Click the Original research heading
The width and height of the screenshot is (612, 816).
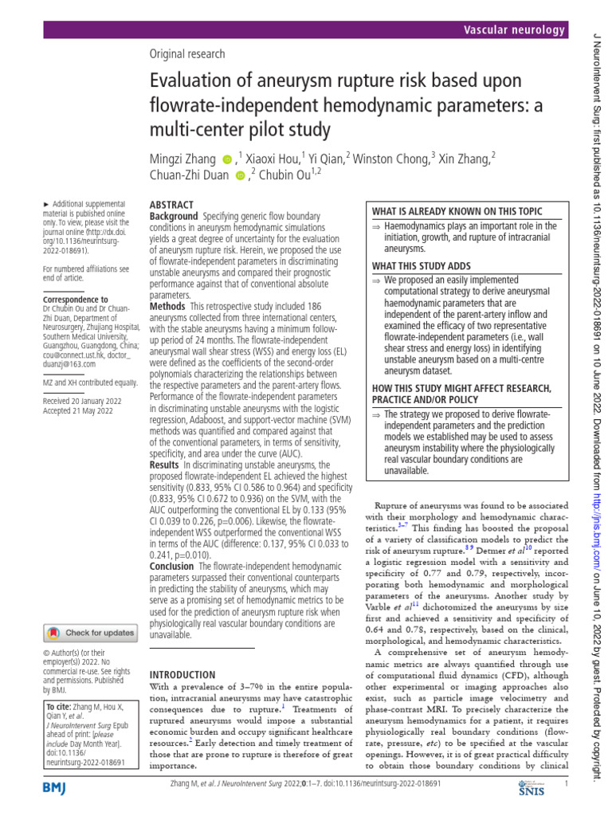pyautogui.click(x=187, y=54)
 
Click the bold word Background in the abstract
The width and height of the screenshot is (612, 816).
pyautogui.click(x=173, y=217)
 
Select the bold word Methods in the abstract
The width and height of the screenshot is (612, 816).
pyautogui.click(x=167, y=306)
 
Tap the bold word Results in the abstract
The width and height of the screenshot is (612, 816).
pyautogui.click(x=165, y=464)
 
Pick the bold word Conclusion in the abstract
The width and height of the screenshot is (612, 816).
pyautogui.click(x=172, y=566)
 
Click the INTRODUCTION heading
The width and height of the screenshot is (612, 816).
pyautogui.click(x=182, y=674)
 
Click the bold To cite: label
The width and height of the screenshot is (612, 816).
pyautogui.click(x=59, y=707)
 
